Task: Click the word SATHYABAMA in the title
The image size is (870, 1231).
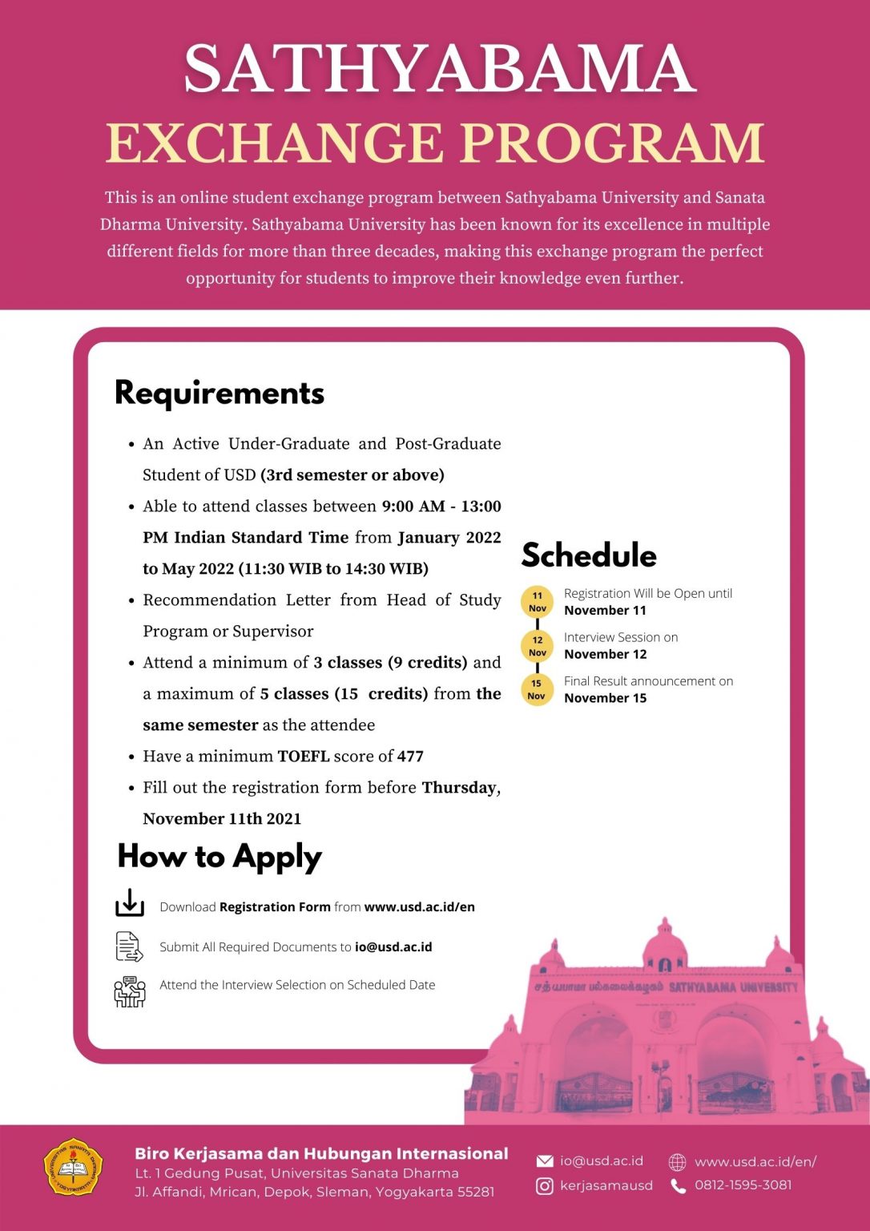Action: (439, 69)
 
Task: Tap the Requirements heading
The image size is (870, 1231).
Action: (220, 393)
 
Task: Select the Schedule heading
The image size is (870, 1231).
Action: (589, 555)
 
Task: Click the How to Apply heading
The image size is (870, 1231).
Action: (220, 857)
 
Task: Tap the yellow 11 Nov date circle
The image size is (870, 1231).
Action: (537, 602)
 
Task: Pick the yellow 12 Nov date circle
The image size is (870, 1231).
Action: (537, 646)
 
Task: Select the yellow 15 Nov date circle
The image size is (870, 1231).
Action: (537, 689)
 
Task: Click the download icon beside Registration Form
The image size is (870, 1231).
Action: (130, 902)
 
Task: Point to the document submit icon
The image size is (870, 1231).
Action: (129, 946)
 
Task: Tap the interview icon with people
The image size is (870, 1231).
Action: (130, 991)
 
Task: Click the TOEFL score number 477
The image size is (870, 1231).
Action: (410, 756)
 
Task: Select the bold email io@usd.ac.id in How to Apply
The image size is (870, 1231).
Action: (393, 946)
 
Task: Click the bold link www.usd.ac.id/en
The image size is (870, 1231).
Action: (419, 906)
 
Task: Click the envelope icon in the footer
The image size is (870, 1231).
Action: (545, 1161)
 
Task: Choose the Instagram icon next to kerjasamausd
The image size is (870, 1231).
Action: (545, 1186)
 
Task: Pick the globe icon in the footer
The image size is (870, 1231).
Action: (678, 1162)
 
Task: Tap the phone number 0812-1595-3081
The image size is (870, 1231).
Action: (743, 1185)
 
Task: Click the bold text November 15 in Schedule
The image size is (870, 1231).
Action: (605, 698)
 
